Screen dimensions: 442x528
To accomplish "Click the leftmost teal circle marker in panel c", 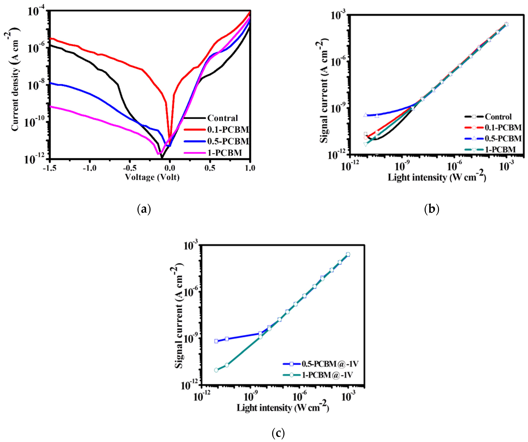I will point(216,370).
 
